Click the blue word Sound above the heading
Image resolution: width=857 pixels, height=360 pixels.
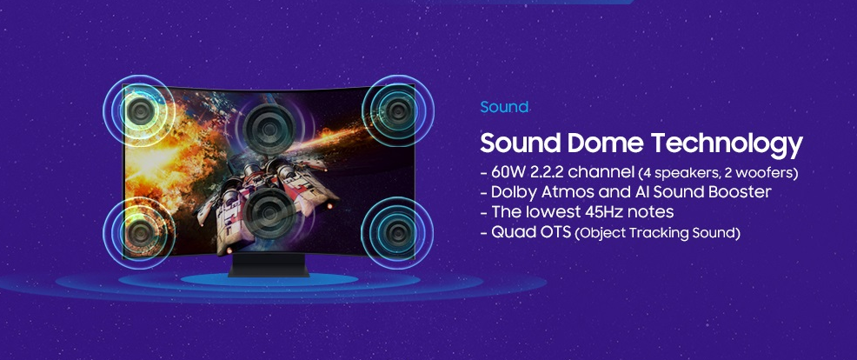(504, 107)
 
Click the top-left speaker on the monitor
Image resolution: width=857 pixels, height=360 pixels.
(140, 111)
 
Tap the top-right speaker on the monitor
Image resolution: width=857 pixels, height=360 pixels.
(397, 111)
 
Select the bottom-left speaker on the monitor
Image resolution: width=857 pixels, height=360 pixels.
(140, 232)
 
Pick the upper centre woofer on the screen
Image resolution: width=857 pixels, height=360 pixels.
(269, 129)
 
